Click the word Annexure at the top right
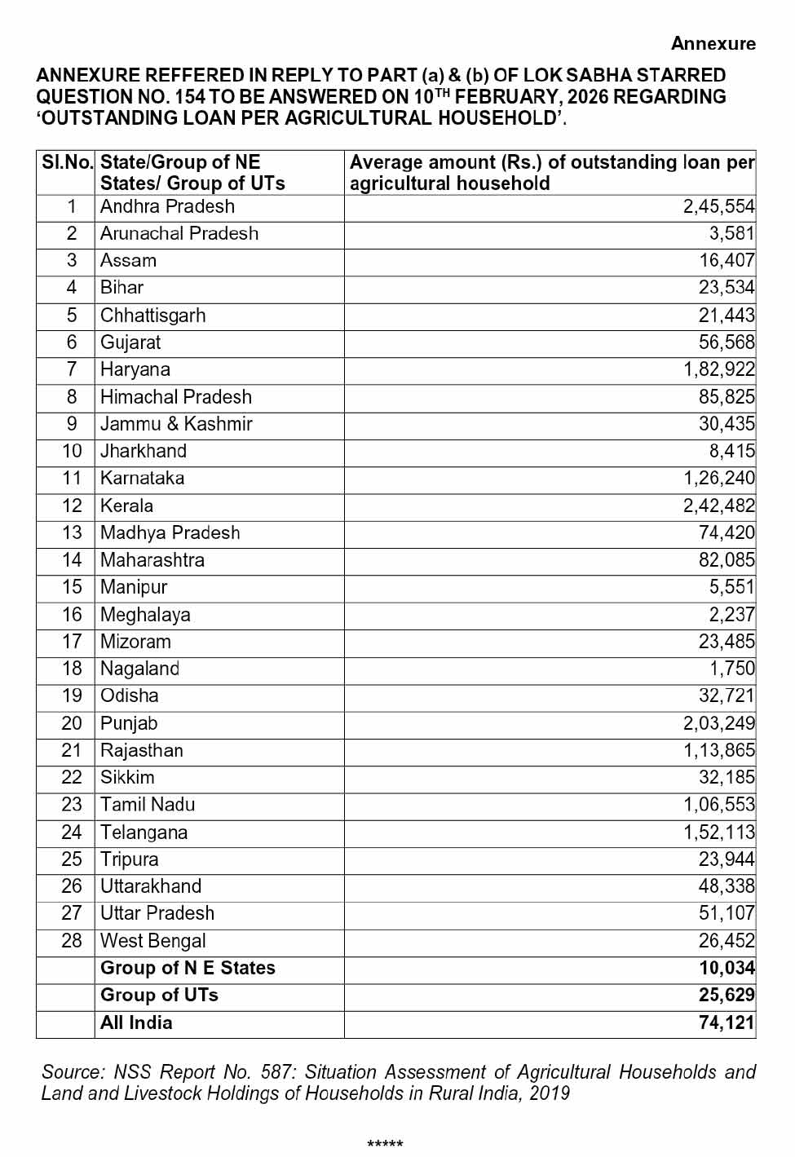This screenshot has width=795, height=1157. [713, 44]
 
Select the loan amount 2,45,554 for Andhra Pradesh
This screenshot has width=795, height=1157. [718, 207]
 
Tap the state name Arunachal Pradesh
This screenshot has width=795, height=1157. [179, 234]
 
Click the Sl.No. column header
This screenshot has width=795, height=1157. [67, 162]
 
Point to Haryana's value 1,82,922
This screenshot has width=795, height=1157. [718, 370]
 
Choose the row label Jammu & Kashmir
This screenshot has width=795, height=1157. [176, 425]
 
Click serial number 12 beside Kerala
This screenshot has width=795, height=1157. [72, 506]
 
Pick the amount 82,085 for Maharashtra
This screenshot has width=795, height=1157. [727, 561]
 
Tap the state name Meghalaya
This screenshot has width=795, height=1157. [145, 616]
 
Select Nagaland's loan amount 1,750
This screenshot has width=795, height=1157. [731, 669]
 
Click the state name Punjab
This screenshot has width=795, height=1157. [129, 724]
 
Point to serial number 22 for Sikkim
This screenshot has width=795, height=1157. [72, 778]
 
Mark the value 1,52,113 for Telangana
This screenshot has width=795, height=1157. [718, 832]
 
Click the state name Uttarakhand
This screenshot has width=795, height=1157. [151, 887]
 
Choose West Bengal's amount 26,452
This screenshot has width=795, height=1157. [727, 942]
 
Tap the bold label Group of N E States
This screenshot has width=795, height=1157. [188, 969]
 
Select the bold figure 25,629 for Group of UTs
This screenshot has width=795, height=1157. [727, 996]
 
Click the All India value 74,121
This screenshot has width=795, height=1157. [727, 1023]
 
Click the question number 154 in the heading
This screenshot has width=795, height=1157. [190, 97]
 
